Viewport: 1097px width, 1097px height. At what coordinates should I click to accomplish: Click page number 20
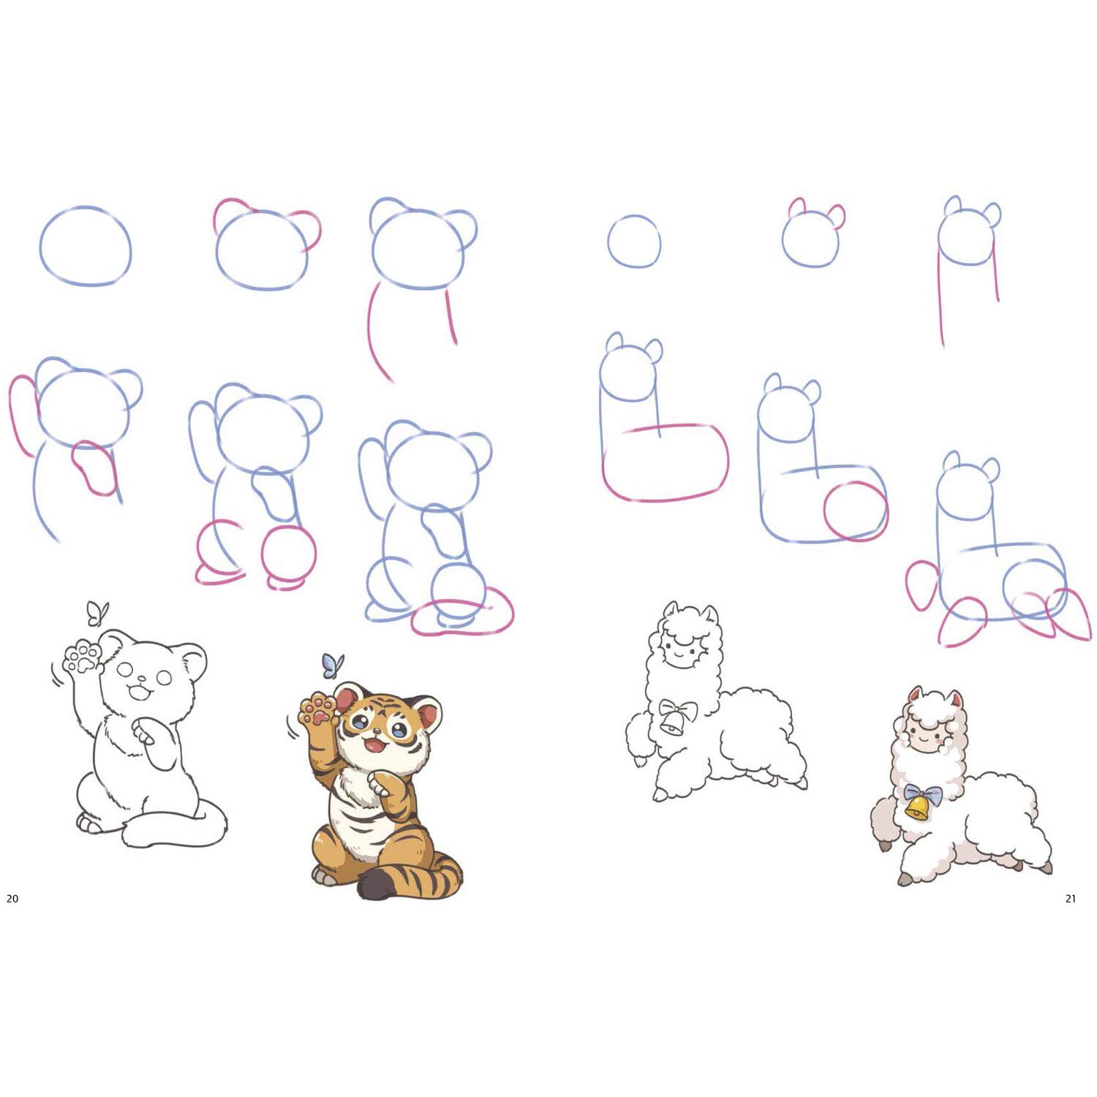(12, 898)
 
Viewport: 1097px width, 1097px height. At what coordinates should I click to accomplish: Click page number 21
(1071, 898)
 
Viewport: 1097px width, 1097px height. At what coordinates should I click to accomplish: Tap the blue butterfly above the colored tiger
(333, 665)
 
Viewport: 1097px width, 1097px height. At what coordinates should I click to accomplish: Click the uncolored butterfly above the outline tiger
(97, 613)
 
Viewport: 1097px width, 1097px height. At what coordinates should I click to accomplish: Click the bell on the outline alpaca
(673, 723)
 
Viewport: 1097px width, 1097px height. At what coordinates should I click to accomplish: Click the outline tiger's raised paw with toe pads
(82, 657)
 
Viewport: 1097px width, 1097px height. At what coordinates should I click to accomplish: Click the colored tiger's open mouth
(375, 745)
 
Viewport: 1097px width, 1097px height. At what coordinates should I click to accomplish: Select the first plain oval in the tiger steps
(86, 246)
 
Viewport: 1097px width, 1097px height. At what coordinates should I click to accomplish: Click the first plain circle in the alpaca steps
(634, 241)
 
